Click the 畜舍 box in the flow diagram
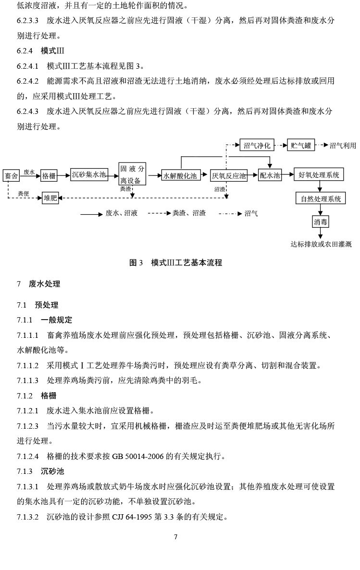pos(11,176)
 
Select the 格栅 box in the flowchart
pos(49,176)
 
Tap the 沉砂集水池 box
pos(89,174)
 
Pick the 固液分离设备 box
pos(132,174)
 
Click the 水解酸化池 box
pos(180,176)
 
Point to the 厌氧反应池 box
pos(229,176)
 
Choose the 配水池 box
pos(270,175)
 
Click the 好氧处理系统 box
pos(319,175)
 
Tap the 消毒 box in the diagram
pos(321,222)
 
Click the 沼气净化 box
pos(257,145)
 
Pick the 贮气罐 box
pos(301,145)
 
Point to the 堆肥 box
pos(50,198)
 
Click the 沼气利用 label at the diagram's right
pos(343,146)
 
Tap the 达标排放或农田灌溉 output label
pos(321,244)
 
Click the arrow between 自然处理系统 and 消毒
pos(321,210)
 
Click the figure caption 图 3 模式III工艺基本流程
pos(175,263)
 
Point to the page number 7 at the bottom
pos(176,537)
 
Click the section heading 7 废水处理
pos(38,284)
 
